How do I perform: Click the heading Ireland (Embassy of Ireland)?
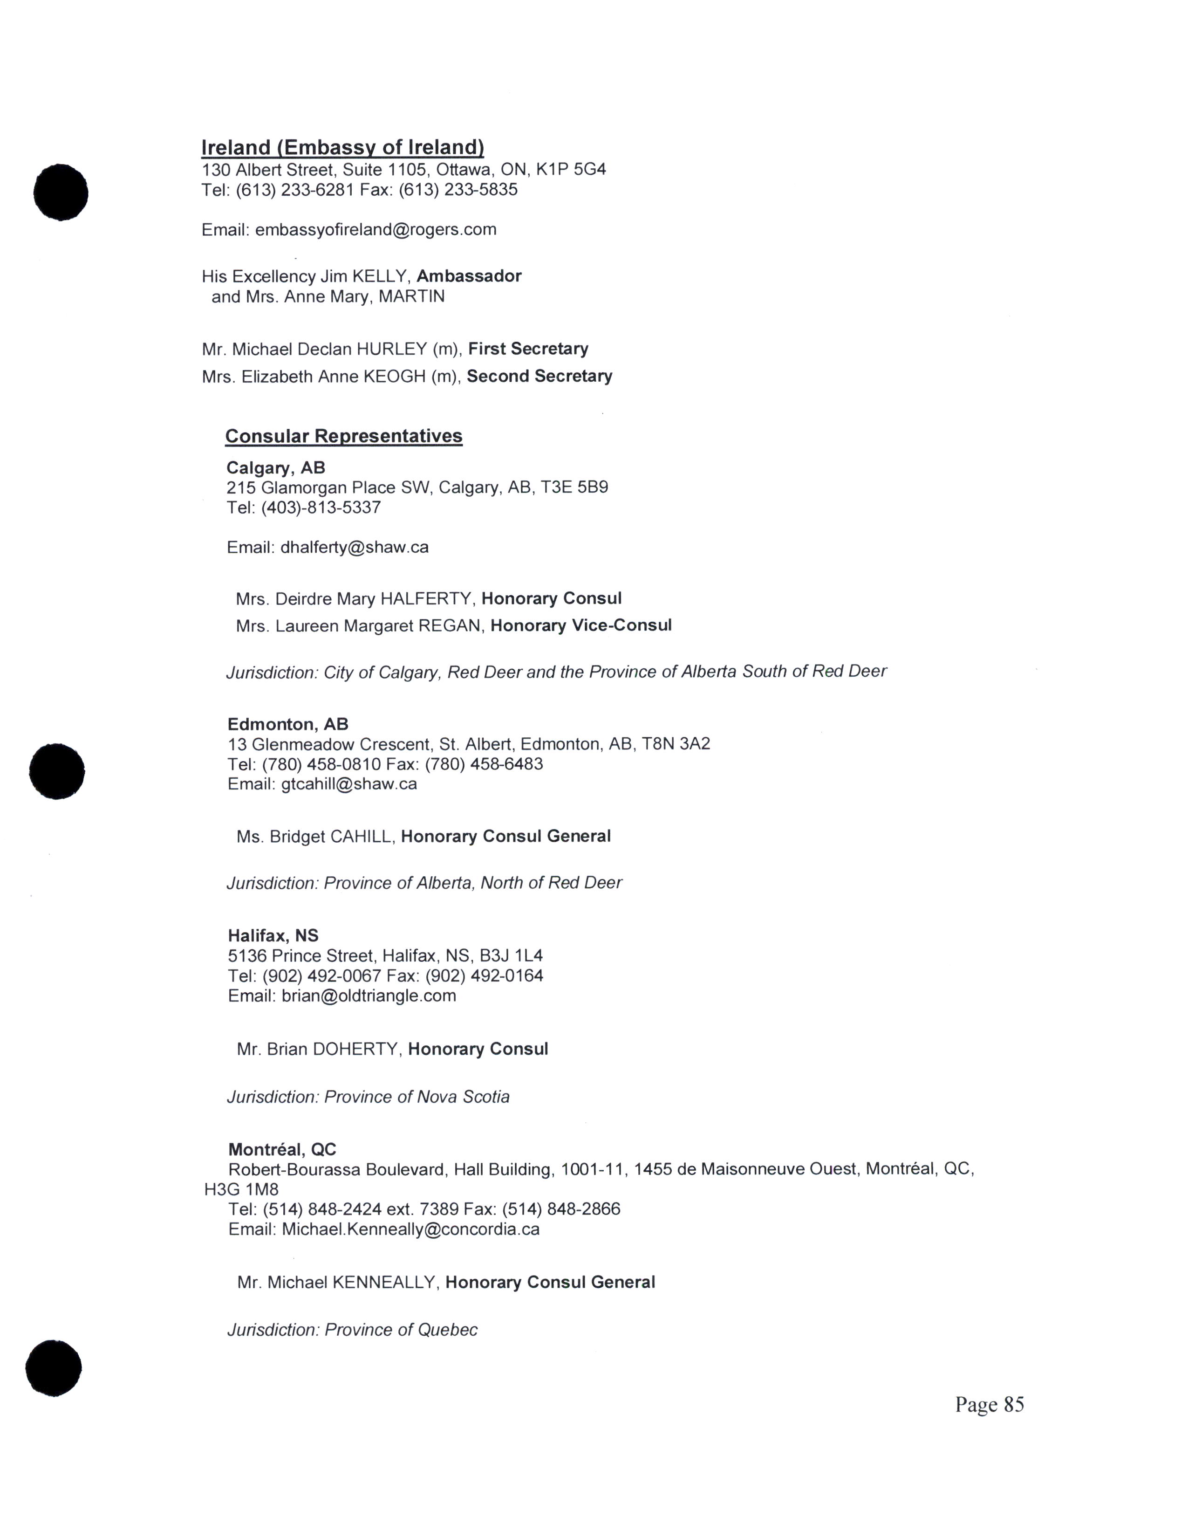[343, 147]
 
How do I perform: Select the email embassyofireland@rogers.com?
[376, 230]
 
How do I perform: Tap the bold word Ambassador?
[469, 276]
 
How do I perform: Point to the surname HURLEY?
[391, 349]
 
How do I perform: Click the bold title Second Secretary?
[539, 376]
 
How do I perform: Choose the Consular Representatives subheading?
[343, 436]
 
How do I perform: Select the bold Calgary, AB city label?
[276, 467]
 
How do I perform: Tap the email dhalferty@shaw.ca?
[354, 547]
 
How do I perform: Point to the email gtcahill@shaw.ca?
[349, 784]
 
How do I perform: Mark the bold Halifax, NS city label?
[273, 935]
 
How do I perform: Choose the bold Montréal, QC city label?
[282, 1149]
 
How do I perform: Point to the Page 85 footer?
[989, 1404]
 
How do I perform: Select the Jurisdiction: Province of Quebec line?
[352, 1330]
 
